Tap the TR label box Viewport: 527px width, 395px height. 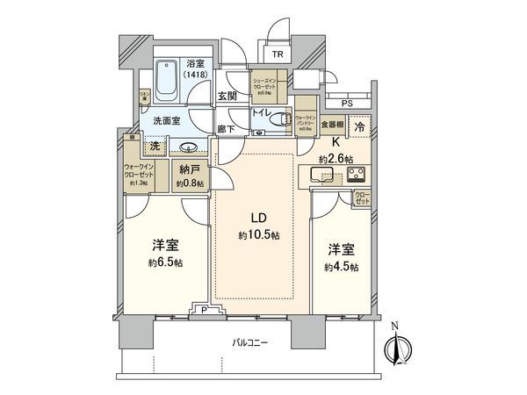tap(278, 54)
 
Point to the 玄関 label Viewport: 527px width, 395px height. tap(227, 97)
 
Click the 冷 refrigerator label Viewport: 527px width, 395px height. tap(360, 128)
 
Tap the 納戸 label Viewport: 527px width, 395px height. tap(190, 170)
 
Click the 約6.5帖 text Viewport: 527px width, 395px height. tap(165, 262)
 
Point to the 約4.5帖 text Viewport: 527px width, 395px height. tap(341, 268)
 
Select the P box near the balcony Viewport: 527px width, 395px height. tap(204, 309)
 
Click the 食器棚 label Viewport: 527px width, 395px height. tap(331, 126)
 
